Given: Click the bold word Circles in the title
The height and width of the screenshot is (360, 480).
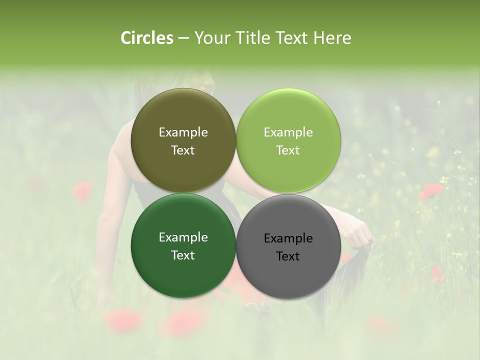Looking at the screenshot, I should coord(146,38).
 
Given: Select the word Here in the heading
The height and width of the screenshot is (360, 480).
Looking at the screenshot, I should coord(332,38).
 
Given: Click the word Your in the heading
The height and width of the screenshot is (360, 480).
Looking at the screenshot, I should coord(211,38).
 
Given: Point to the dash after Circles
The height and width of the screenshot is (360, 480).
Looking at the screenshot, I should coord(183,38).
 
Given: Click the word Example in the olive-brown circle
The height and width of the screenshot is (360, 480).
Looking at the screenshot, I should coord(183,132).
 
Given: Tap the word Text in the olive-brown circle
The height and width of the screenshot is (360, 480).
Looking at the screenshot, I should coord(183,150).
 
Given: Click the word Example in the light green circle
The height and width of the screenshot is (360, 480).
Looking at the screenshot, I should coord(288,132).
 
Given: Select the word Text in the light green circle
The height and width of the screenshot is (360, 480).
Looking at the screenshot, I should coord(288,150).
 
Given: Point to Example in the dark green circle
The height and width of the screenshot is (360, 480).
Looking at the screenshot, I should coord(183,237).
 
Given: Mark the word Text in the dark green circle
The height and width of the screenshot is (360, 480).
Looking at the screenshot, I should coord(183,255).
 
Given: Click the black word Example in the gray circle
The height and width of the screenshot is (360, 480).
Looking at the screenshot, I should coord(288,238).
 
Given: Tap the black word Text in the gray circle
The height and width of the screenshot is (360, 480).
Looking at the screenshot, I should coord(288,256).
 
